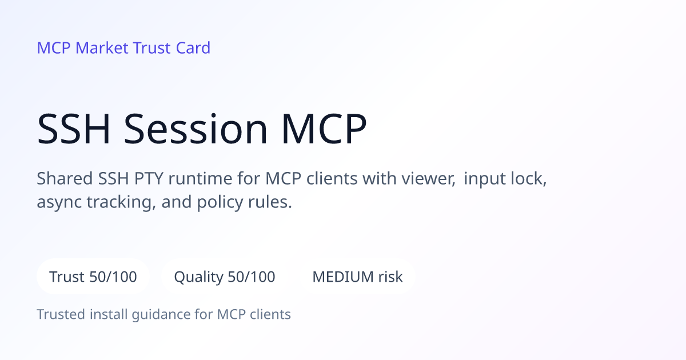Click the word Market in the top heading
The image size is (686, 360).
102,48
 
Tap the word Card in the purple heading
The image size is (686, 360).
193,48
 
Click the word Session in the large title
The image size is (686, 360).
196,129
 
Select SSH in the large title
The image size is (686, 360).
74,129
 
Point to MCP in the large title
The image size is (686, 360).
324,129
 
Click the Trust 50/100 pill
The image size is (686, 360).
93,277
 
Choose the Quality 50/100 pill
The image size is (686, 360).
225,277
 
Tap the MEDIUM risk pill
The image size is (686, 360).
357,277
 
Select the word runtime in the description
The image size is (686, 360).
201,178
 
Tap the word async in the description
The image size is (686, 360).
59,202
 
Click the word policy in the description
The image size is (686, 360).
220,202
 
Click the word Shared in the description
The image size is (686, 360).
65,178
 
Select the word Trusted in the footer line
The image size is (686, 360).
61,314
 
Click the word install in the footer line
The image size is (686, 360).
109,314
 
